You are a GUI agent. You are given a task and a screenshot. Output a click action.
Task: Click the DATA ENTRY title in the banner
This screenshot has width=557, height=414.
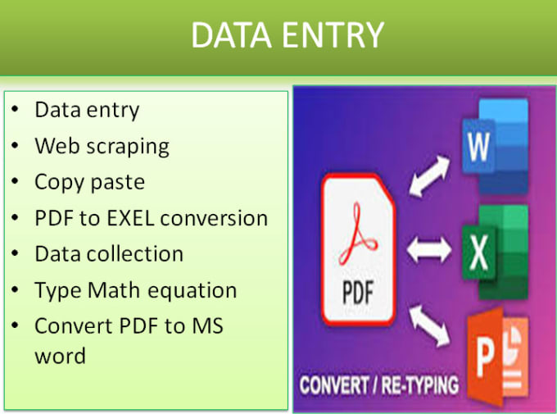(x=287, y=34)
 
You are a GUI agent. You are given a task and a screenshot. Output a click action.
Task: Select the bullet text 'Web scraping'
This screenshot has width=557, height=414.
(x=102, y=147)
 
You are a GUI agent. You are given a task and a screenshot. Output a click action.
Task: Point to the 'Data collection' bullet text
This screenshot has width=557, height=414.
(x=109, y=254)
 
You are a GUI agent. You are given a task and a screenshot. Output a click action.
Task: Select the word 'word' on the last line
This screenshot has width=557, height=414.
(x=60, y=357)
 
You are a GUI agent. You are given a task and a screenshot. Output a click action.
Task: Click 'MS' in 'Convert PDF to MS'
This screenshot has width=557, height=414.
(x=207, y=326)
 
